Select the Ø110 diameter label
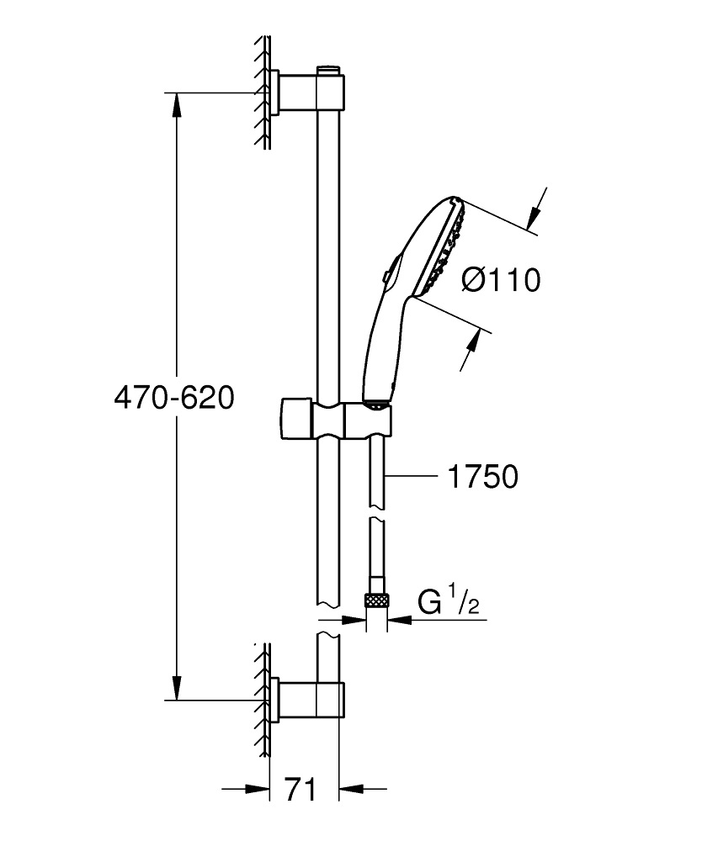coord(502,279)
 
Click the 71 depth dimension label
coord(300,790)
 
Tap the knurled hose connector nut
coord(375,600)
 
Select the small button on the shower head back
coord(383,275)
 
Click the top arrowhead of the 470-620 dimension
coord(176,102)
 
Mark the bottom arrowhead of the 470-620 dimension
coord(176,690)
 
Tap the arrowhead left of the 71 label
coord(258,789)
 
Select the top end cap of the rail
coord(329,68)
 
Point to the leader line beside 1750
coord(412,478)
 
